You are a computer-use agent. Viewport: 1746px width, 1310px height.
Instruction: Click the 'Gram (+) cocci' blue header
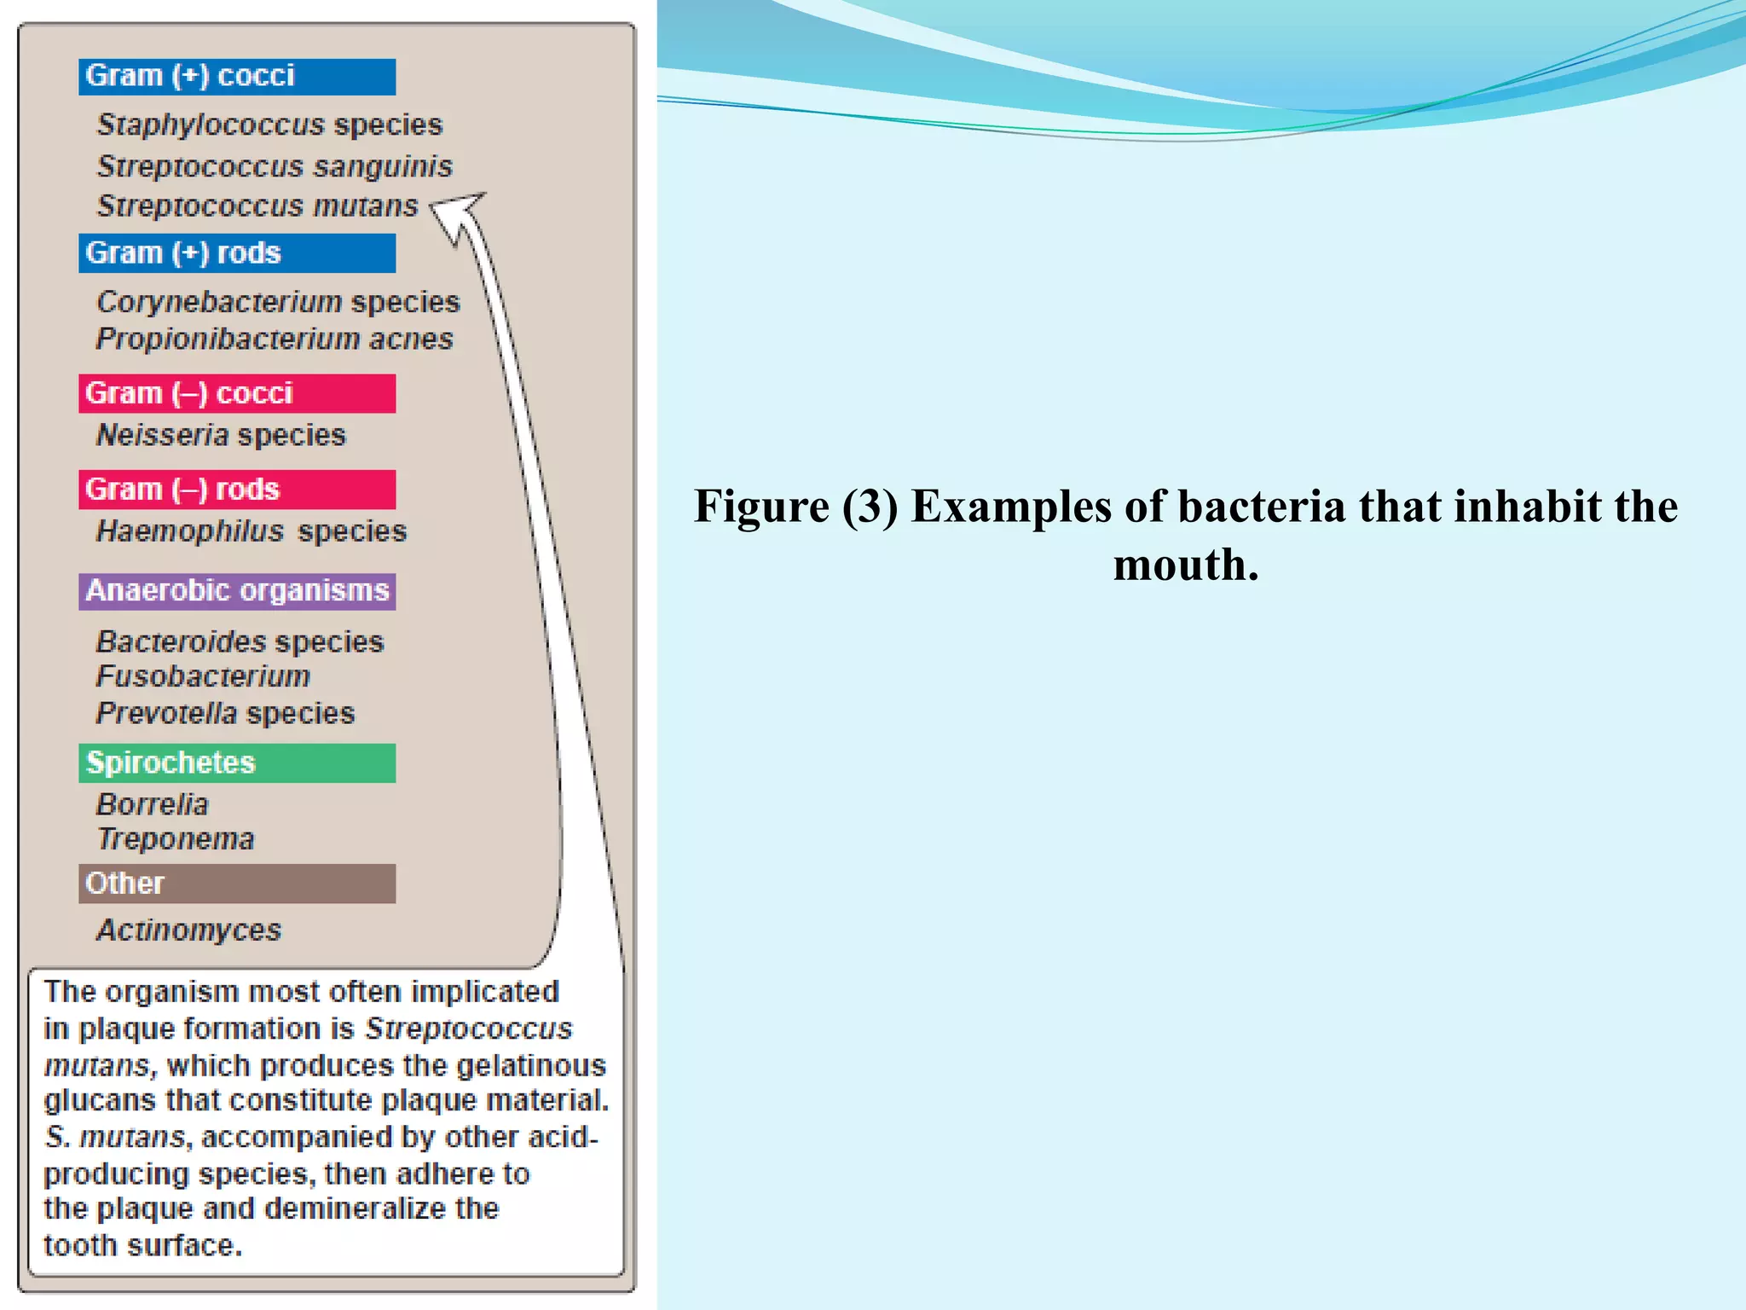(237, 77)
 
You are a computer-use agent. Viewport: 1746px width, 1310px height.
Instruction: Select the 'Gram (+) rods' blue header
(237, 253)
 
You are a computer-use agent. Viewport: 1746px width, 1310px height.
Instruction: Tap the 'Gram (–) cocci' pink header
(237, 393)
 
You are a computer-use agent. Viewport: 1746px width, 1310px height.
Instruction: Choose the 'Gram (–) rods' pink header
(237, 490)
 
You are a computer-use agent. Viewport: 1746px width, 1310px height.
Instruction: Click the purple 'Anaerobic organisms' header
(237, 591)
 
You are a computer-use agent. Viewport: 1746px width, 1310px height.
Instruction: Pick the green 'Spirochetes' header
(237, 762)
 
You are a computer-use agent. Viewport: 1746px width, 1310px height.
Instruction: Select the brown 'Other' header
(237, 884)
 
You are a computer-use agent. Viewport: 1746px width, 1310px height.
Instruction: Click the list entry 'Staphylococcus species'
(269, 125)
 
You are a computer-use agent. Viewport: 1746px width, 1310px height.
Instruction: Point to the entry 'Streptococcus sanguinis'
(275, 166)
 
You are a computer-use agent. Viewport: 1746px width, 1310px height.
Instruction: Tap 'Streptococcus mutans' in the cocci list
(257, 206)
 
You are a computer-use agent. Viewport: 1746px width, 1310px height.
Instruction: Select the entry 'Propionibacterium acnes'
(275, 339)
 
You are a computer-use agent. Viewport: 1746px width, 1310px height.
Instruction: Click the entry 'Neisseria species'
(221, 436)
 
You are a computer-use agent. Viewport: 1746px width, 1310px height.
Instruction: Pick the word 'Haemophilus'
(189, 531)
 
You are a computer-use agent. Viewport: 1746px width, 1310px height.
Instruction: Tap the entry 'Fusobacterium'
(203, 676)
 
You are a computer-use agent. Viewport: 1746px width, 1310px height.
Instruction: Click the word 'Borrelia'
(153, 804)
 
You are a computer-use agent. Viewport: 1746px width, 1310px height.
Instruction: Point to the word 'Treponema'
(176, 839)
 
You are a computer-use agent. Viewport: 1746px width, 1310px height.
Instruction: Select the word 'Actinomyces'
(188, 930)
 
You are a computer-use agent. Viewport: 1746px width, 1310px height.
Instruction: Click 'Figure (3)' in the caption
(795, 507)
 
